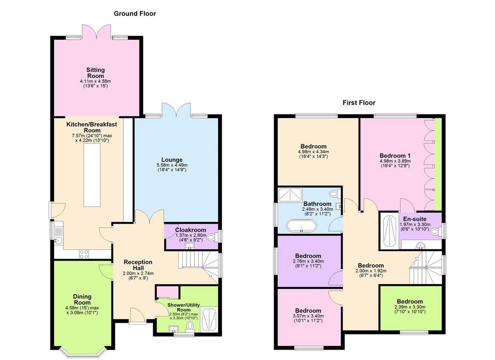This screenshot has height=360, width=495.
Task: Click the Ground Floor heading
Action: (x=135, y=14)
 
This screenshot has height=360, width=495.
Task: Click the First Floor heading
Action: (x=359, y=102)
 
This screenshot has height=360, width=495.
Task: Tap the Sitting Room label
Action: (x=96, y=73)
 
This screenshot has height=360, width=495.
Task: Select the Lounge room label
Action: (x=172, y=160)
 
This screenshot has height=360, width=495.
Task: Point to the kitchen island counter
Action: (x=92, y=175)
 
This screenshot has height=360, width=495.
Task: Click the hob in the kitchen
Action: (x=84, y=254)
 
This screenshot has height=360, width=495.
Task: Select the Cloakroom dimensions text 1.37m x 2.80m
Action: (x=190, y=235)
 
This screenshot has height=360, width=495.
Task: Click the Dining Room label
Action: (x=82, y=300)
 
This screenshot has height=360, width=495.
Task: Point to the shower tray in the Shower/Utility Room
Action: (x=209, y=319)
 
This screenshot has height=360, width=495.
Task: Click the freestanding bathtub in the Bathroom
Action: (x=301, y=225)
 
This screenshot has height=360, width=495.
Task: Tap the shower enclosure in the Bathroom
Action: (x=290, y=195)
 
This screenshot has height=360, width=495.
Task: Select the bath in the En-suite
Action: (x=389, y=231)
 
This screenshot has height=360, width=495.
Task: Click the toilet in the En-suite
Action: (x=436, y=232)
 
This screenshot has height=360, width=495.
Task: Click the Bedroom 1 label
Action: (x=395, y=156)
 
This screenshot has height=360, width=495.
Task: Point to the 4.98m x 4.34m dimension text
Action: (x=313, y=152)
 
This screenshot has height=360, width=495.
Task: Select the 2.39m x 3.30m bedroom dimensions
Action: (x=410, y=307)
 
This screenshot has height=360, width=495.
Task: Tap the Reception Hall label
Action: (x=138, y=265)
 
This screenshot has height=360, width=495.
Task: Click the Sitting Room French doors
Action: (x=97, y=32)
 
